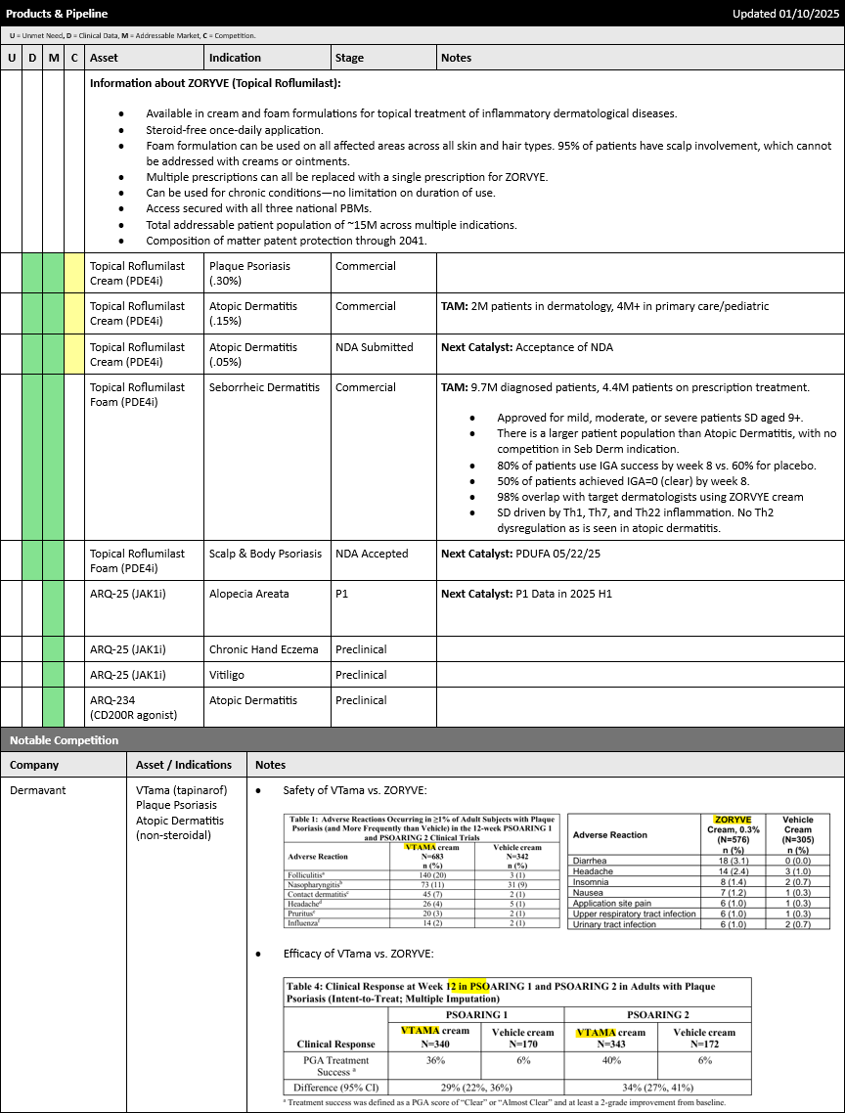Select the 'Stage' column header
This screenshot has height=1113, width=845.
[x=349, y=58]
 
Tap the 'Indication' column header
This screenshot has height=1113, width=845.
[x=235, y=58]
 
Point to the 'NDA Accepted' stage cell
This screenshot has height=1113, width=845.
[x=372, y=554]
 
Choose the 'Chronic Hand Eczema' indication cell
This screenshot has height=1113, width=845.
[x=263, y=649]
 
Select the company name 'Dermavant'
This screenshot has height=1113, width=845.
[x=38, y=790]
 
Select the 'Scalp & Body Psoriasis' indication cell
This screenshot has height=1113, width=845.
[x=265, y=554]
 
